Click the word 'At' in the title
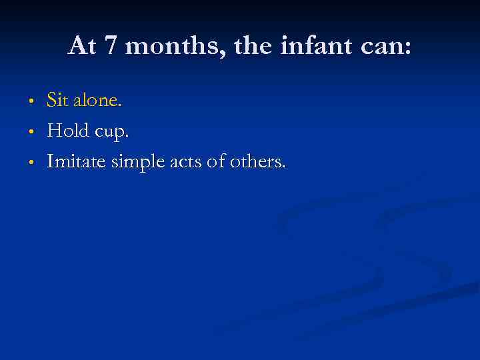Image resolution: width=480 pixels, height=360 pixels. coord(82,46)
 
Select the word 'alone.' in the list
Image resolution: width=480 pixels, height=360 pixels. coord(100,101)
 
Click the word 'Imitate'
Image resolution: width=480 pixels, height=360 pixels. coord(77,161)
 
